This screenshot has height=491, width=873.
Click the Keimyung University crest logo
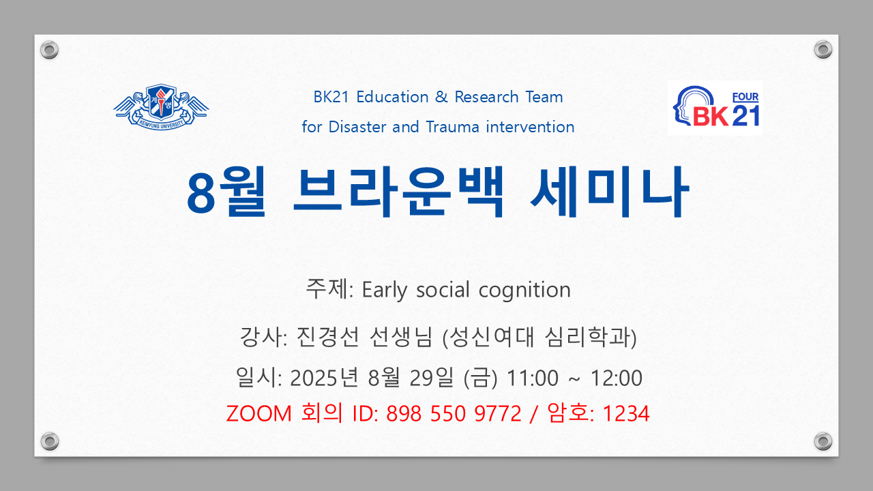point(162,107)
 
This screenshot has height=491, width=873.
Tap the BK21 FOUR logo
point(715,108)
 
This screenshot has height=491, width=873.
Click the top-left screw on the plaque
point(50,50)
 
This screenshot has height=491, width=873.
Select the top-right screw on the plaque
point(823,50)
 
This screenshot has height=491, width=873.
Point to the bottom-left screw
point(50,441)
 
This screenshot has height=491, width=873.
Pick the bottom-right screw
point(823,441)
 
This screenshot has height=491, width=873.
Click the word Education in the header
point(392,97)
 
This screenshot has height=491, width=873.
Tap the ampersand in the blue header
point(441,97)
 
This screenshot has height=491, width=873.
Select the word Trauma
point(452,127)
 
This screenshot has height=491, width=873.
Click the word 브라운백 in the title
point(399,191)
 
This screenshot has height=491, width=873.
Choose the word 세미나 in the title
point(610,191)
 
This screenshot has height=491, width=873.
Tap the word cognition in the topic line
point(524,291)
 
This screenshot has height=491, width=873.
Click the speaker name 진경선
point(327,337)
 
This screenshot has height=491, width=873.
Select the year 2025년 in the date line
point(324,378)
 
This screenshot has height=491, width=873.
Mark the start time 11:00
point(533,378)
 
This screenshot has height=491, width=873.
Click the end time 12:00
point(617,378)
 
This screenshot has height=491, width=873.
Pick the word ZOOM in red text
point(258,413)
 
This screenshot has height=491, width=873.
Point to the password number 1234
point(626,413)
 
